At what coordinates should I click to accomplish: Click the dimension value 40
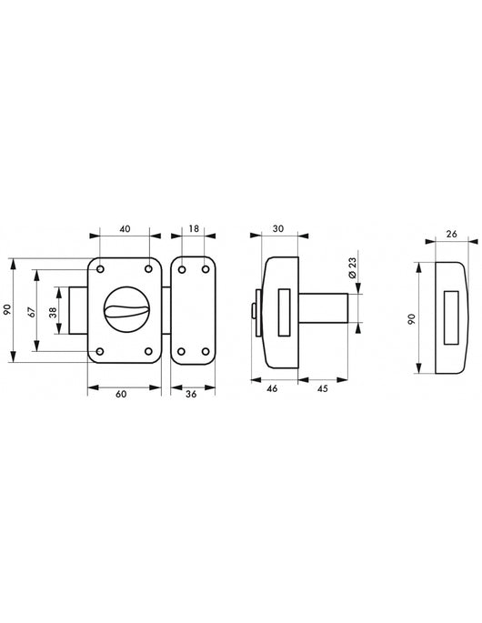pos(125,229)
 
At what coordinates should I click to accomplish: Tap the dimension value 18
pos(194,229)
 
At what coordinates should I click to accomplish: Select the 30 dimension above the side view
pos(278,229)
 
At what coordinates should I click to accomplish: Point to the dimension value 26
pos(451,234)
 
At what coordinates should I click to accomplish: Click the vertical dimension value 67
pos(33,311)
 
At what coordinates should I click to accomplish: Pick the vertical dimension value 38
pos(54,311)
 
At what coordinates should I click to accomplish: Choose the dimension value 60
pos(121,394)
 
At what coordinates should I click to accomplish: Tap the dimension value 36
pos(191,394)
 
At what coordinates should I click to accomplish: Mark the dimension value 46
pos(272,388)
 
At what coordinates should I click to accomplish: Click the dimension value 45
pos(322,388)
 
